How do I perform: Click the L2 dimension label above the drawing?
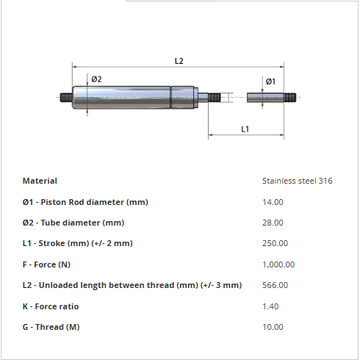179,61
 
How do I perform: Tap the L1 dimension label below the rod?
245,129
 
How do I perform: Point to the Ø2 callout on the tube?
96,79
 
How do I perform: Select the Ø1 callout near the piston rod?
270,82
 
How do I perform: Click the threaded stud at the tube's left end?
66,97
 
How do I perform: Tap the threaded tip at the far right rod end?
290,97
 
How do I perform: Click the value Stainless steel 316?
298,181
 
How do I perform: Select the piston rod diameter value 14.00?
273,202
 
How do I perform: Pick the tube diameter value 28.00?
273,223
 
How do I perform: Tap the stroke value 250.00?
276,243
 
